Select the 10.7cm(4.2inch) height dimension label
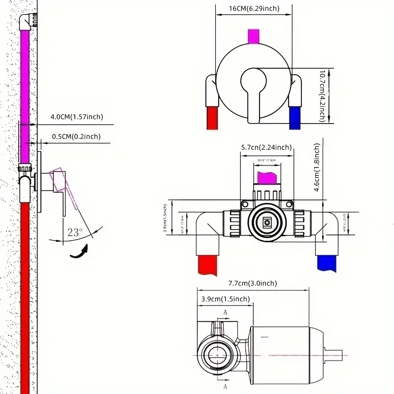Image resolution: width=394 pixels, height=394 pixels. (322, 96)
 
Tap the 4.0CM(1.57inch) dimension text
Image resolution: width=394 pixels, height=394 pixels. (76, 117)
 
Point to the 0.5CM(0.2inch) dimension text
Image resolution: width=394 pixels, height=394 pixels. (76, 136)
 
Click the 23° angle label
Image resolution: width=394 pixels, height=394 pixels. (74, 232)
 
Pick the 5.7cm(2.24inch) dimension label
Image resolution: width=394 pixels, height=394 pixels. (266, 147)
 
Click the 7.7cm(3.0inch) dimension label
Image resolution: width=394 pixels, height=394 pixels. (253, 283)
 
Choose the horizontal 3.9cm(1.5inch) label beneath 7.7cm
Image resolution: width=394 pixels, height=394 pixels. (225, 299)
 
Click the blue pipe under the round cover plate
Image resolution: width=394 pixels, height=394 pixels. (295, 116)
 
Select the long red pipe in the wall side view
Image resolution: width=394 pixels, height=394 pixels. (24, 295)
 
